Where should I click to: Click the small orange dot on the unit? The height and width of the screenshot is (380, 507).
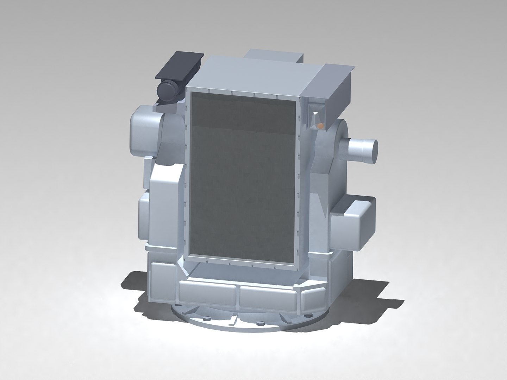[320, 125]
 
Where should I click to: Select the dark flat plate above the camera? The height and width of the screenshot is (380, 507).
[180, 66]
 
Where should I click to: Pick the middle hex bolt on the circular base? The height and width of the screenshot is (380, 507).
[261, 323]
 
